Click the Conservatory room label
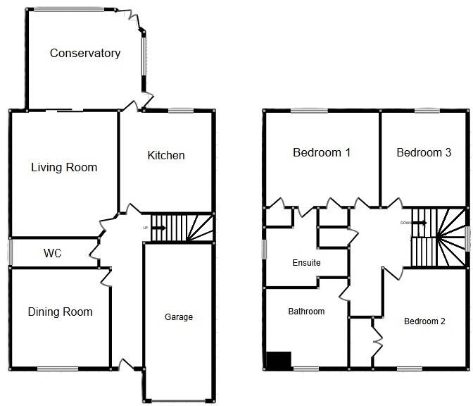[x=85, y=53]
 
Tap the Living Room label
[x=64, y=167]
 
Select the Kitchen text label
[x=166, y=155]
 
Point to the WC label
[x=53, y=253]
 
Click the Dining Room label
[x=60, y=312]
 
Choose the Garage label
[x=179, y=317]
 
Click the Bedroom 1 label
[x=322, y=152]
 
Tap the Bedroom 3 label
[x=424, y=152]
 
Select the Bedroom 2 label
[x=424, y=321]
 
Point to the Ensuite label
[x=306, y=263]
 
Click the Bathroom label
[x=306, y=312]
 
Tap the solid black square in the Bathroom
[x=279, y=360]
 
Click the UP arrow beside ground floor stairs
[x=158, y=228]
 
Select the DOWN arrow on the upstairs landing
[x=420, y=223]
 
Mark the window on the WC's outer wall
[x=11, y=252]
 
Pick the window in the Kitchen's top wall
[x=181, y=110]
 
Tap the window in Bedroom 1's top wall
[x=308, y=110]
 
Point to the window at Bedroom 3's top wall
[x=427, y=110]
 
